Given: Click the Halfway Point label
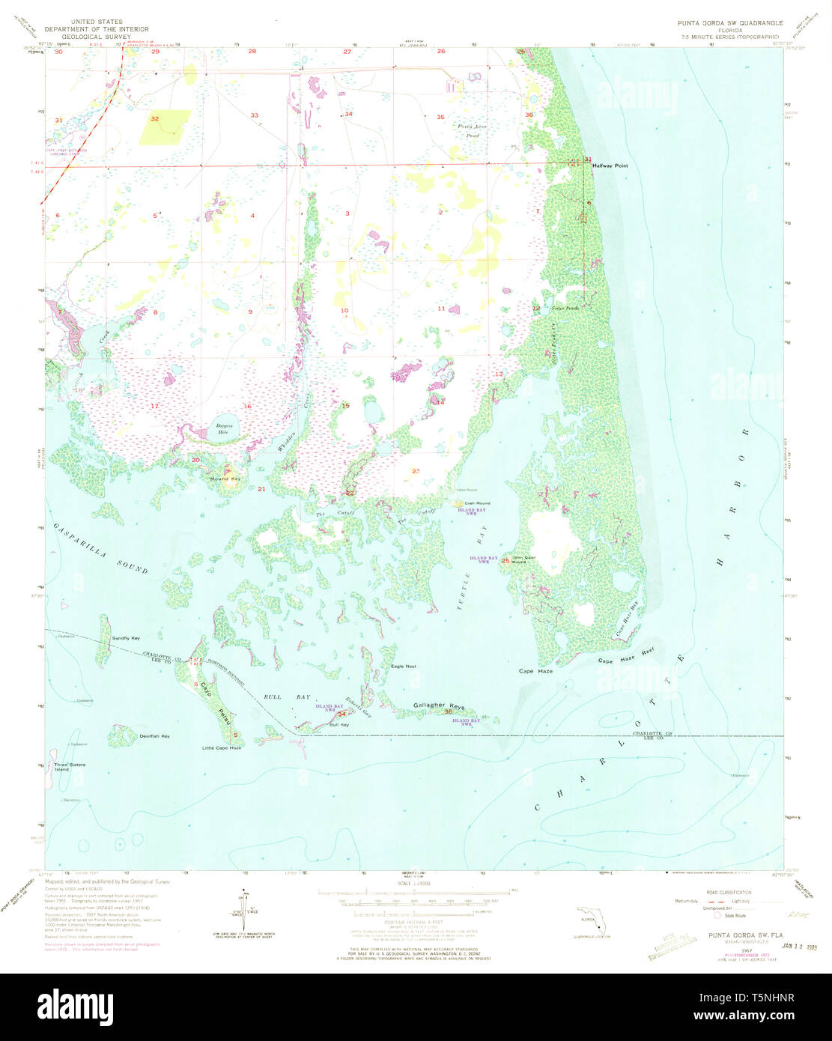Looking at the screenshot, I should pyautogui.click(x=610, y=166).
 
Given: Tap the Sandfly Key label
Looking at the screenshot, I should pyautogui.click(x=126, y=638).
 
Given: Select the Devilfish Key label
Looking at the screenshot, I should pyautogui.click(x=154, y=736).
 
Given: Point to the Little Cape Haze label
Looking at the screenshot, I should pyautogui.click(x=222, y=748).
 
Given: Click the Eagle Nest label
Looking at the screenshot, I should pyautogui.click(x=404, y=666).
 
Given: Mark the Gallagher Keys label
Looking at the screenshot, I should pyautogui.click(x=439, y=706).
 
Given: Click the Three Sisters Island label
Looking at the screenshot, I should pyautogui.click(x=70, y=767).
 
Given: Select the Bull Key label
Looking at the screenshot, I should pyautogui.click(x=339, y=724).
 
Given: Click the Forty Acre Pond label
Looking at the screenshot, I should pyautogui.click(x=473, y=130).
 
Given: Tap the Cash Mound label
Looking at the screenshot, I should pyautogui.click(x=477, y=503).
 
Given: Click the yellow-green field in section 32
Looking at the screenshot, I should pyautogui.click(x=165, y=127).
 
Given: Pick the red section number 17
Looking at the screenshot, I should pyautogui.click(x=154, y=406).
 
